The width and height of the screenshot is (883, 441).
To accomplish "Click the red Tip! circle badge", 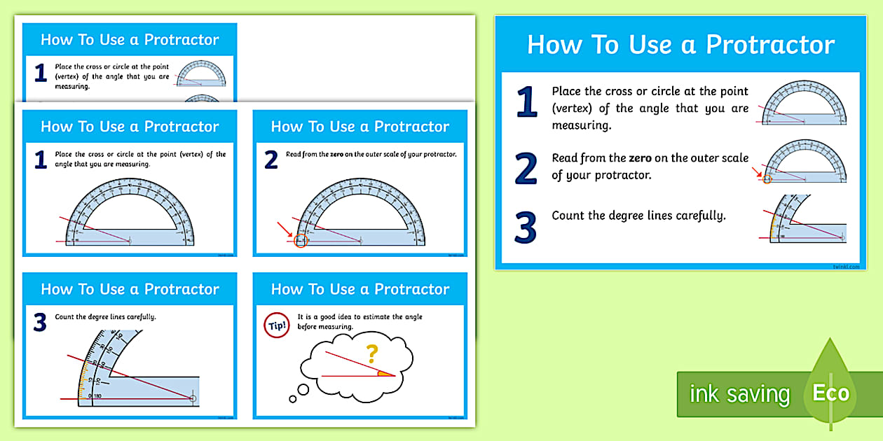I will click(x=276, y=325).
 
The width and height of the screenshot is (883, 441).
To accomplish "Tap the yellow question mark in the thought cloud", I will click(x=373, y=351).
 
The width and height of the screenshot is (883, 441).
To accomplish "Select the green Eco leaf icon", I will click(x=830, y=392).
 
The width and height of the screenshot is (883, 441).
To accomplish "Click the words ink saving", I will click(x=739, y=394).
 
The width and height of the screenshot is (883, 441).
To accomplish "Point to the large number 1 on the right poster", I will click(x=526, y=102).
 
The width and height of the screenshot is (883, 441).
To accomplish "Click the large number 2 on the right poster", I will click(x=526, y=169).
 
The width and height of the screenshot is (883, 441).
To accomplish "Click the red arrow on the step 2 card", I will click(x=285, y=229).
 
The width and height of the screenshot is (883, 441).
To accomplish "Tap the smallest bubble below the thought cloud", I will click(x=293, y=399).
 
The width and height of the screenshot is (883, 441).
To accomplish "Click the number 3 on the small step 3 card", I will click(x=40, y=323).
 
